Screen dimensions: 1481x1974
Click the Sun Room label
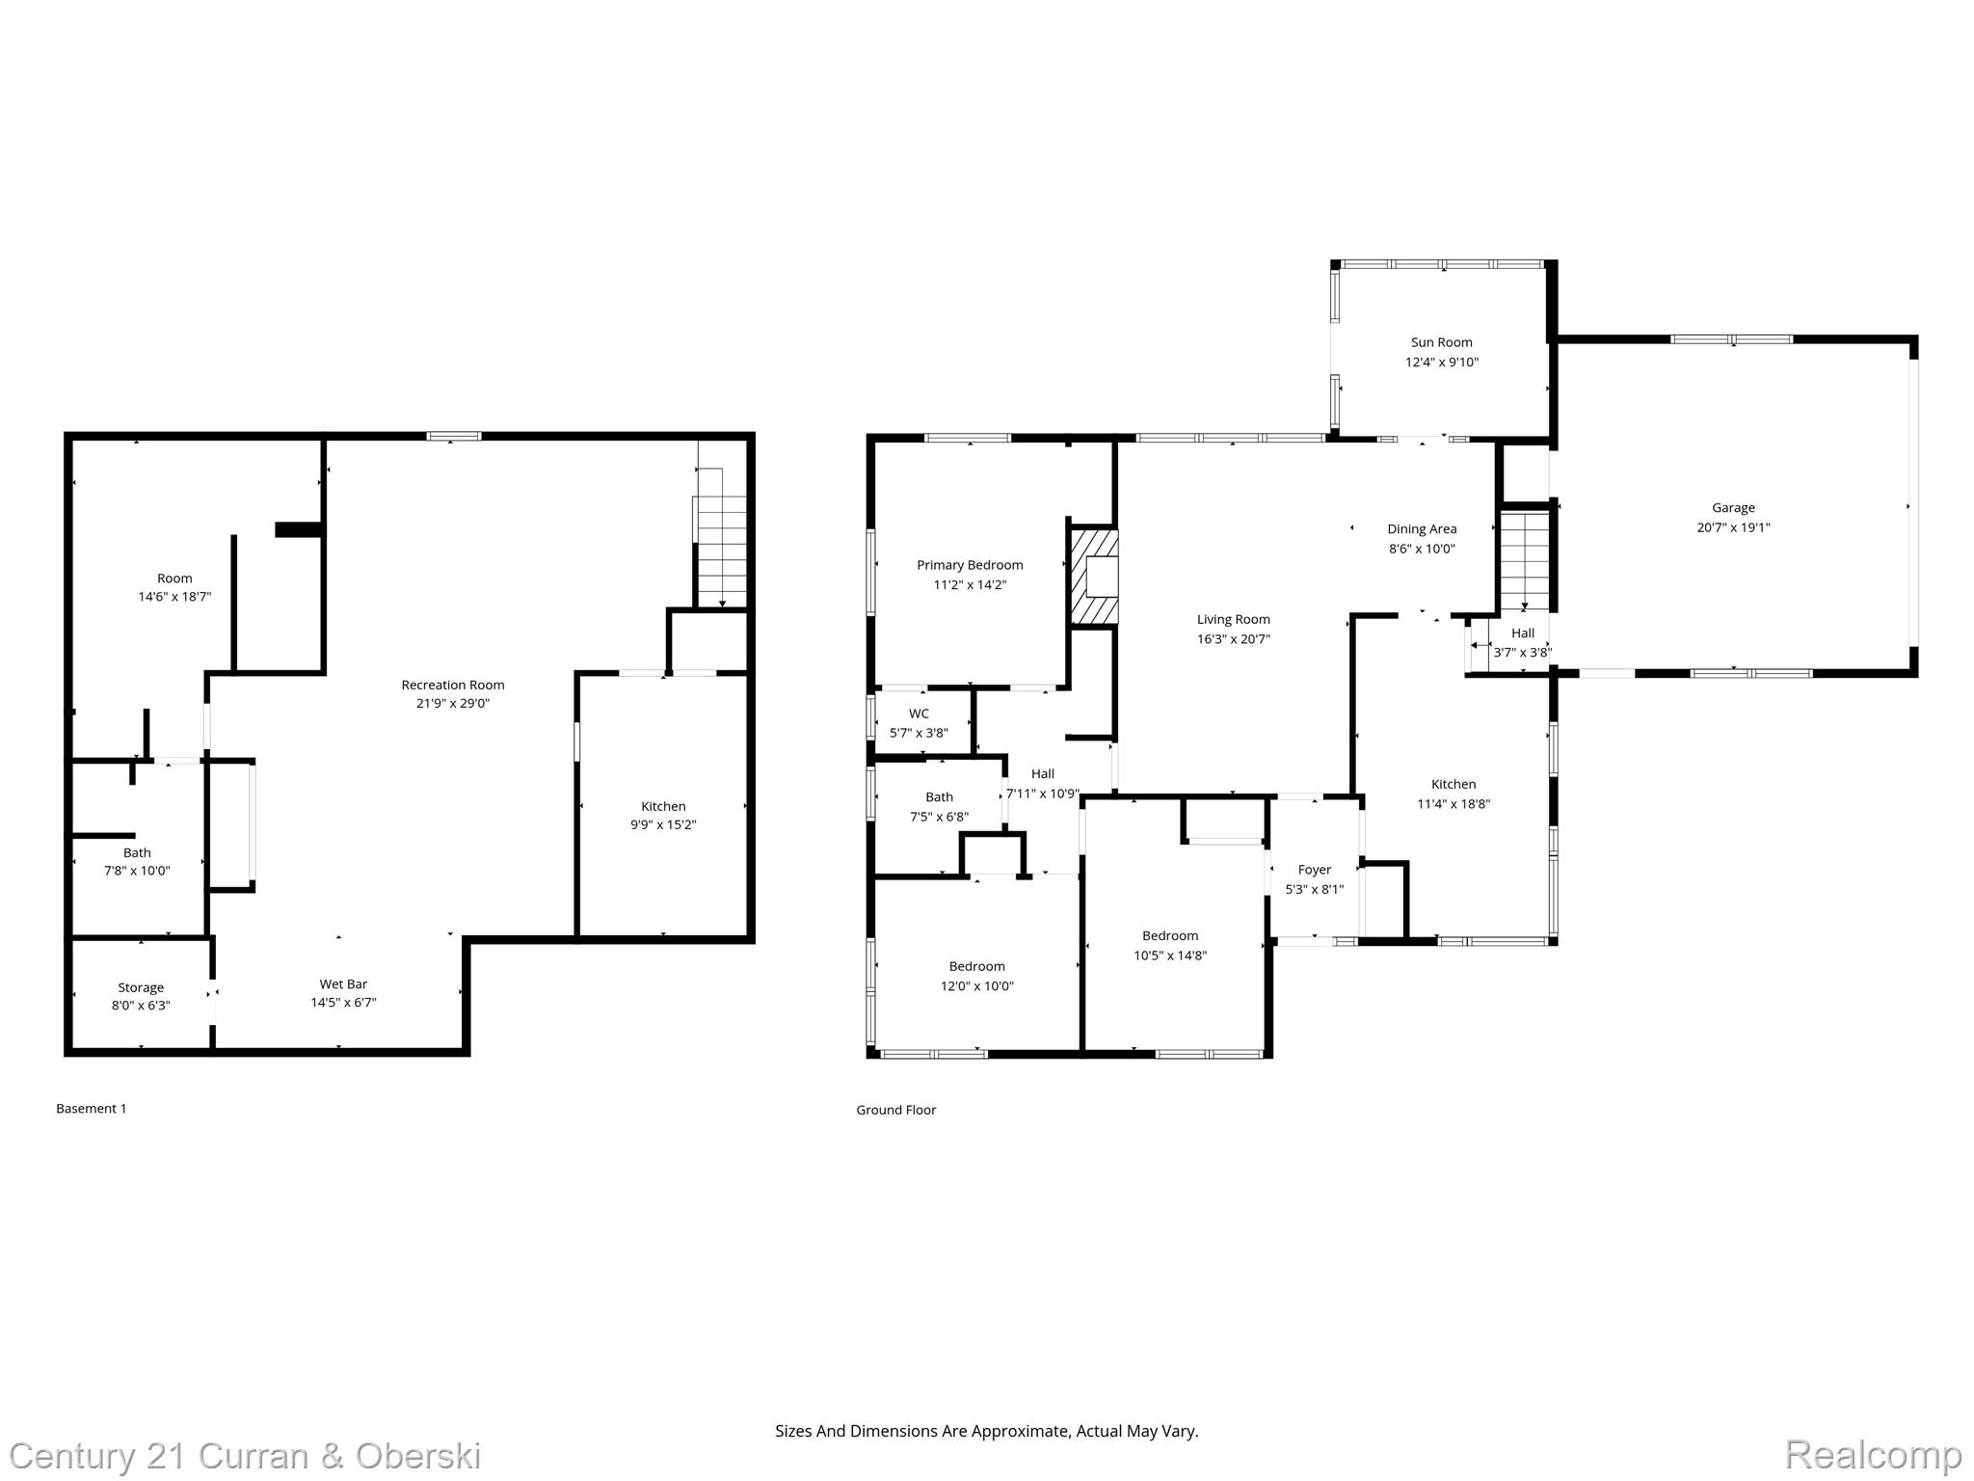(1441, 342)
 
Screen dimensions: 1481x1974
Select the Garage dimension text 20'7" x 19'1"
(1733, 527)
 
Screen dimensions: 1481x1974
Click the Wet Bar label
(343, 983)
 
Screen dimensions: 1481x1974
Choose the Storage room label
(141, 987)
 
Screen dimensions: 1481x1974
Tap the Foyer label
(1314, 870)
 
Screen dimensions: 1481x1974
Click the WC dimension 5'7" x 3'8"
(919, 733)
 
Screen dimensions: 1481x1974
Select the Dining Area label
(1422, 528)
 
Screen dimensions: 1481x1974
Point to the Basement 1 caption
(92, 1109)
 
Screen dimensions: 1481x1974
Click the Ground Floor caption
(895, 1110)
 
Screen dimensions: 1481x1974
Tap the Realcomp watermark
(1873, 1454)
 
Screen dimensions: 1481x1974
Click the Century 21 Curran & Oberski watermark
(245, 1456)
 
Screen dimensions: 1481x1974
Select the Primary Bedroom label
(970, 565)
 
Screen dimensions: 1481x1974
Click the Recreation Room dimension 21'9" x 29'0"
(453, 704)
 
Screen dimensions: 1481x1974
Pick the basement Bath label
(137, 852)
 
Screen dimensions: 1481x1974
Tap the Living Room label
(1234, 619)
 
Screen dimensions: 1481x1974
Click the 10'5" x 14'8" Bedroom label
(1170, 935)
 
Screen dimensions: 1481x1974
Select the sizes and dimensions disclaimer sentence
(986, 1432)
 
